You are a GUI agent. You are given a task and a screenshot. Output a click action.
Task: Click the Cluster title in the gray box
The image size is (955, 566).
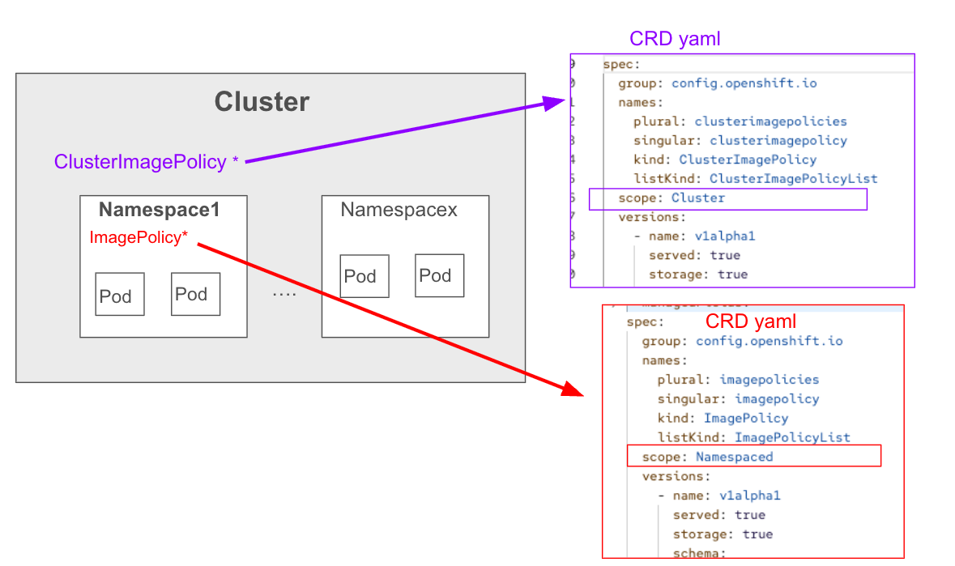[262, 102]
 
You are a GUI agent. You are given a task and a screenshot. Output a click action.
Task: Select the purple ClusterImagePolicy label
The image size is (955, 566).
[140, 162]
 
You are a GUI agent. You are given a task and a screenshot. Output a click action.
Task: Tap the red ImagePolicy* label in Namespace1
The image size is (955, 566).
[139, 238]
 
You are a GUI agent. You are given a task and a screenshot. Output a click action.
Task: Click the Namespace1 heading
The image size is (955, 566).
[160, 211]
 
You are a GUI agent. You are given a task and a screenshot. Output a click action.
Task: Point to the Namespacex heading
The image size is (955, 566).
[399, 211]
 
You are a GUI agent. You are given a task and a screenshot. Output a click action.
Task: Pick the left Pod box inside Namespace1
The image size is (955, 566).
[120, 293]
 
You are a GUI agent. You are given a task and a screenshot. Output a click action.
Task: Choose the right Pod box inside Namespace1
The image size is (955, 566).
[196, 293]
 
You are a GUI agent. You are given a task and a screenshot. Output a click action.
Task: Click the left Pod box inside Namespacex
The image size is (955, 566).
[365, 276]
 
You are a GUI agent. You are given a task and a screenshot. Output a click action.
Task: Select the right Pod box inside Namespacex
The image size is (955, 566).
[439, 275]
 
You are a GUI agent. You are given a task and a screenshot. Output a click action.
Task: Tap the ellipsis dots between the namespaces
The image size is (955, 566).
[284, 294]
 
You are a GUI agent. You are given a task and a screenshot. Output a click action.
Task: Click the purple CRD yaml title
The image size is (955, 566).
[674, 39]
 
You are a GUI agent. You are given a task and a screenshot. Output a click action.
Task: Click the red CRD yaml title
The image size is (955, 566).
[750, 321]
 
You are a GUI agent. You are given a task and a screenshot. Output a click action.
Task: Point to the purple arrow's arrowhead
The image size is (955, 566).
[557, 103]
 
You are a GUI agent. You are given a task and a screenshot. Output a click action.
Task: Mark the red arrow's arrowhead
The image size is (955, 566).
[573, 389]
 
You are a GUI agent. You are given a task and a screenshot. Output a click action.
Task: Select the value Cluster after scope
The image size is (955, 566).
[697, 198]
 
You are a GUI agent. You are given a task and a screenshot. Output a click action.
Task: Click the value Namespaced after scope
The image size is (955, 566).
[734, 457]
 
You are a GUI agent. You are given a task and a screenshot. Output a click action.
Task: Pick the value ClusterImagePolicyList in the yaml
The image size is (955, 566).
[793, 179]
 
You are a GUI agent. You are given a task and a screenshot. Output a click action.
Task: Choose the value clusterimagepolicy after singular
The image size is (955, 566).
[778, 141]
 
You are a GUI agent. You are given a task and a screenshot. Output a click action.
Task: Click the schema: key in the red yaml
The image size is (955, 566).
[698, 553]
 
